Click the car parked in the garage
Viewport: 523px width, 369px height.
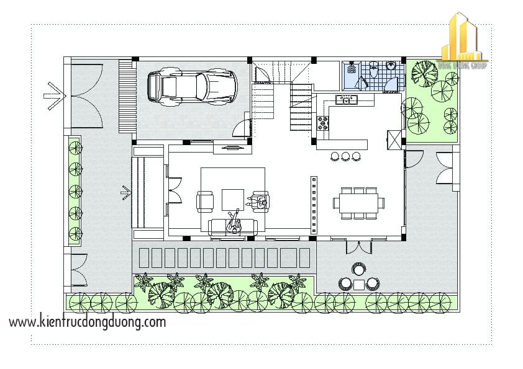coord(192,86)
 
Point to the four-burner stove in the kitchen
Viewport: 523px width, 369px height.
coord(324,123)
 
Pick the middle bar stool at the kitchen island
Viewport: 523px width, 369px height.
coord(345,156)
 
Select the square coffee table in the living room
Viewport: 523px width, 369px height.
coord(233,199)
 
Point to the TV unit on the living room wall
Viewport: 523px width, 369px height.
coord(232,148)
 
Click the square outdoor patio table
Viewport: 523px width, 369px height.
coord(359,284)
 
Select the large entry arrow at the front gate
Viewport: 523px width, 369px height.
coord(55,96)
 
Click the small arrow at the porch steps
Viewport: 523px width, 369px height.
coord(125,193)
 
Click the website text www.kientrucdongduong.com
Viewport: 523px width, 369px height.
coord(88,322)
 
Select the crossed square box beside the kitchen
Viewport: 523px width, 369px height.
coord(394,138)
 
